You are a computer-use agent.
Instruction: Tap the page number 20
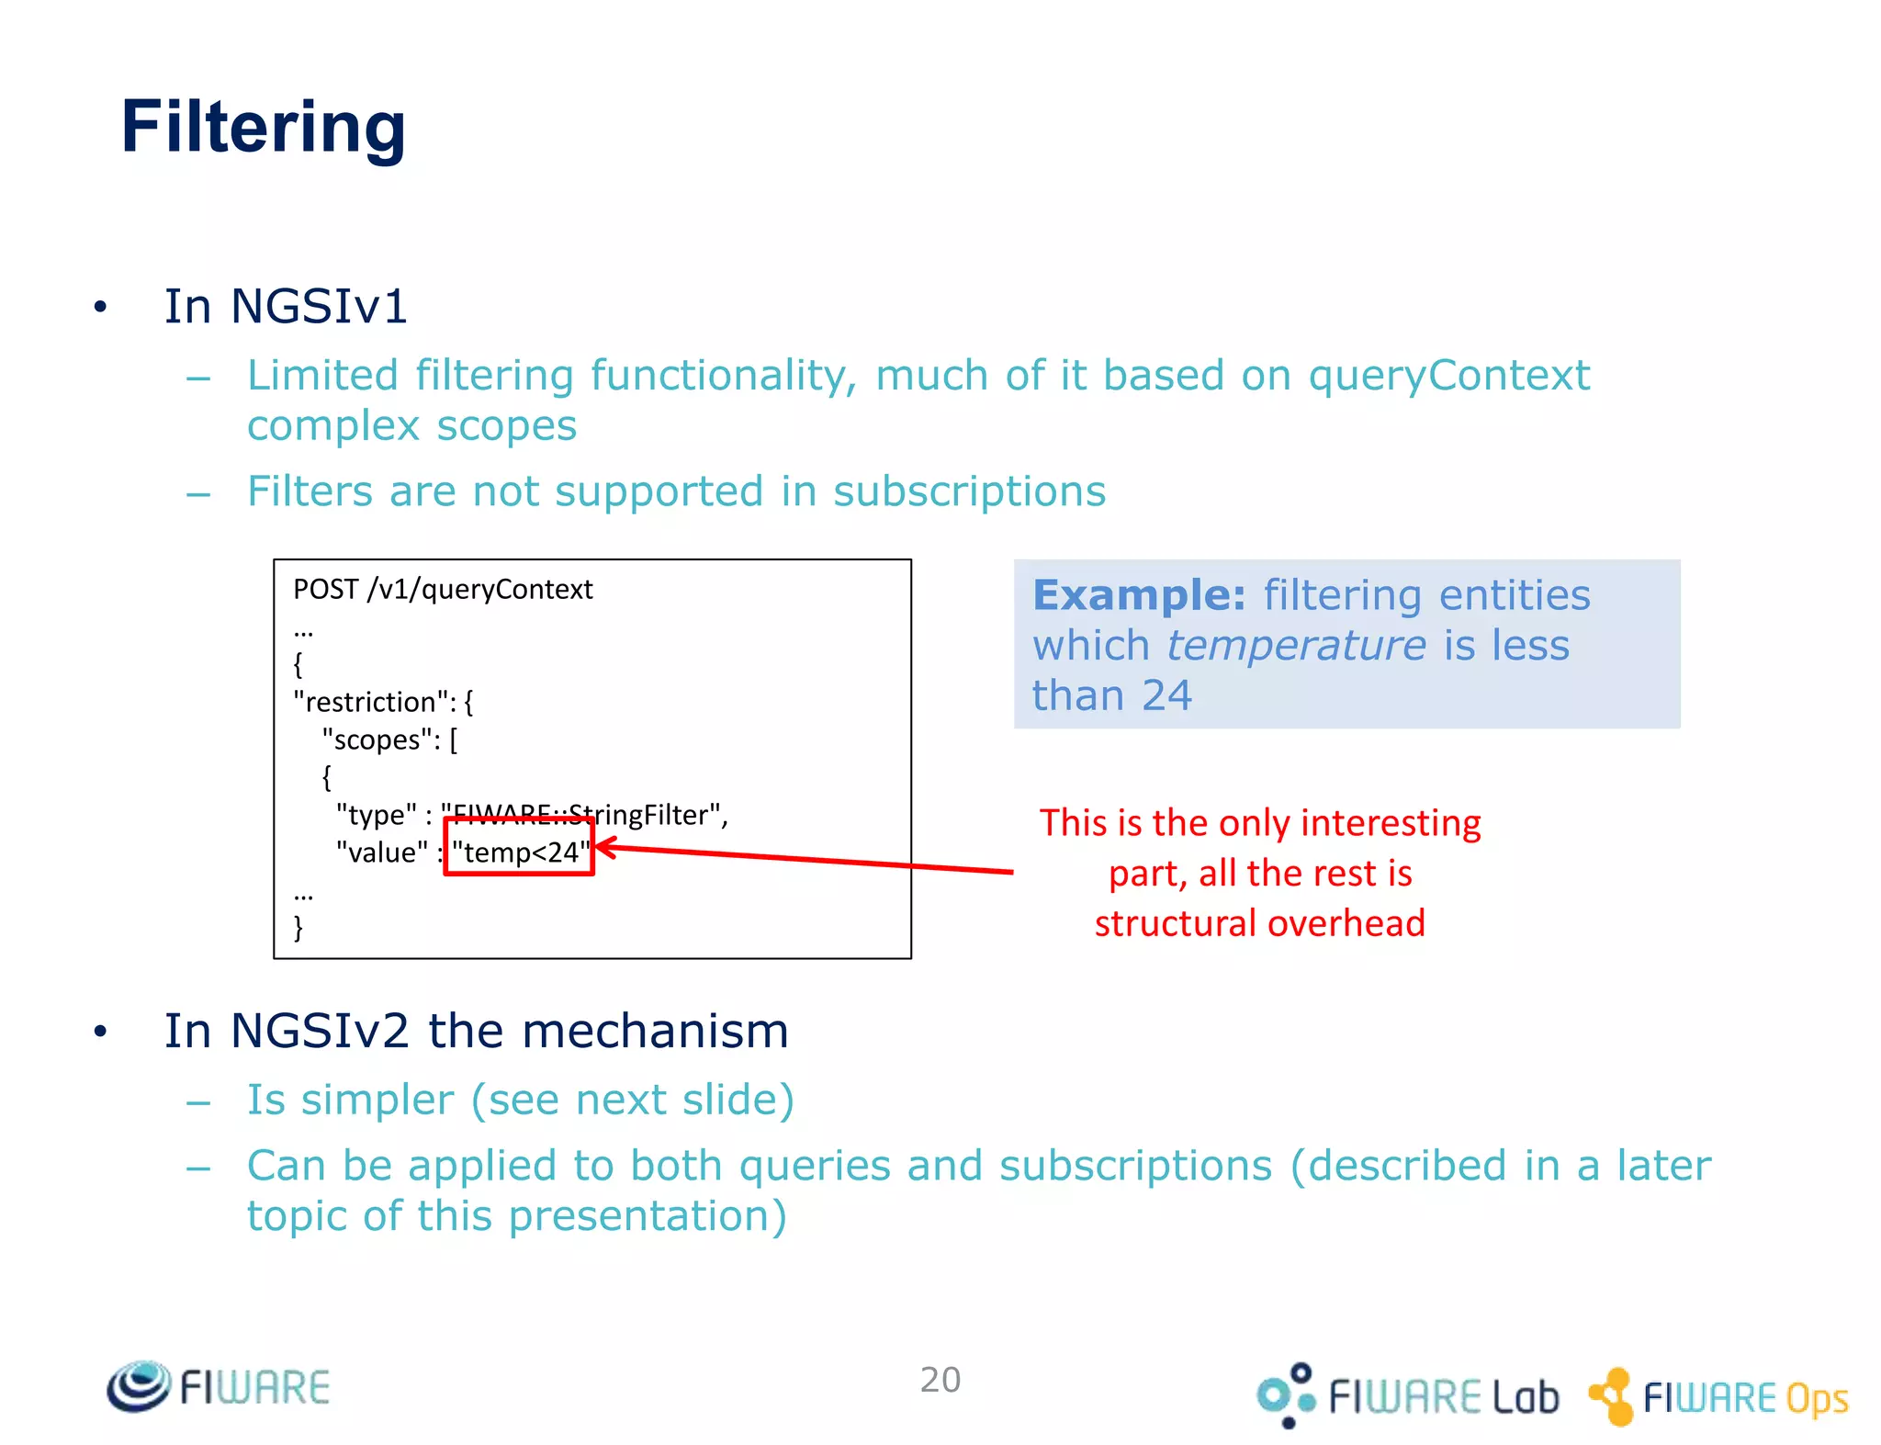940,1379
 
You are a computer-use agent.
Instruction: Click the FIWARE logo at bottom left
219,1386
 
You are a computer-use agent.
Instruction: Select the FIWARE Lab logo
1407,1395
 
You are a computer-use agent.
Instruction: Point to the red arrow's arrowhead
603,847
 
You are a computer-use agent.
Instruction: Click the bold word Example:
1139,595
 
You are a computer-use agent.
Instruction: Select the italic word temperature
1296,645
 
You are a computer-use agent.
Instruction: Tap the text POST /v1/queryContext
443,589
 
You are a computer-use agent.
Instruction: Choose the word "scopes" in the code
377,739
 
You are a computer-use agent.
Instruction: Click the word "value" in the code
381,852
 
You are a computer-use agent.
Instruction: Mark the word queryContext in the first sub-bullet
1448,376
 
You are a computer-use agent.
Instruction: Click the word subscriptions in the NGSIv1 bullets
969,491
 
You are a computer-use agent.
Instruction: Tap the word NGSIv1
319,306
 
